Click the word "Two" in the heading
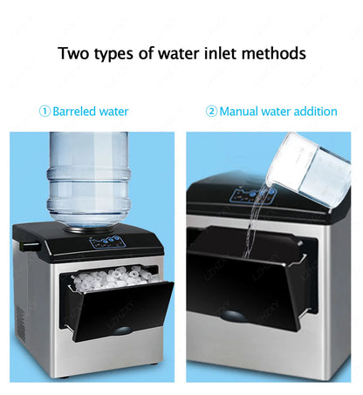[x=75, y=53]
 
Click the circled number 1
[x=44, y=112]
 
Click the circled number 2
[x=211, y=112]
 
